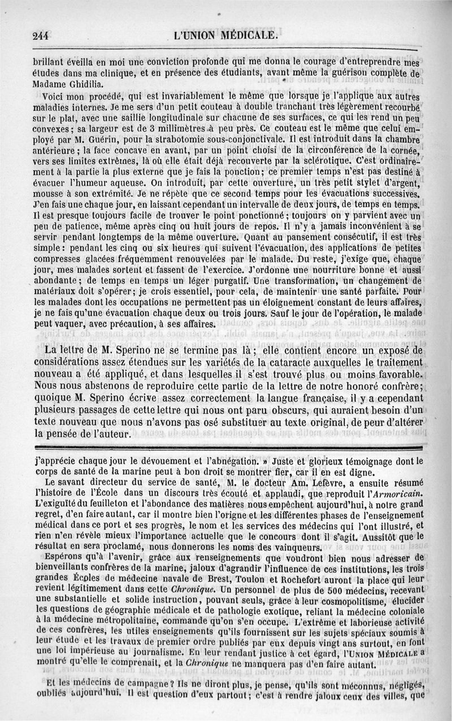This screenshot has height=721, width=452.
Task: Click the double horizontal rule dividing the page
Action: (x=226, y=448)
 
